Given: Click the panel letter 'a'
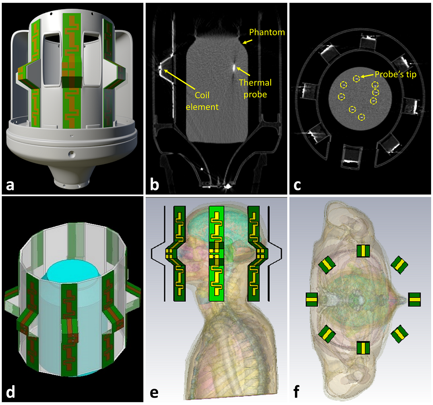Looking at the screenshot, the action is (10, 185).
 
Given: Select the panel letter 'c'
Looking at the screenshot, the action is (297, 185).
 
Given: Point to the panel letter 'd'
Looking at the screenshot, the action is (10, 392).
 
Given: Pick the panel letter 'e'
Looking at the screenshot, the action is (154, 392).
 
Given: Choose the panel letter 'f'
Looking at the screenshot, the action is (296, 392).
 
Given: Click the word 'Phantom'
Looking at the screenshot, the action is (267, 32).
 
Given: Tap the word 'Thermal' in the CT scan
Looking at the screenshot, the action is (255, 82).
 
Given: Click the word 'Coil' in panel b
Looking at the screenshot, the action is (202, 95).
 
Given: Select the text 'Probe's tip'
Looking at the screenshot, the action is (395, 74).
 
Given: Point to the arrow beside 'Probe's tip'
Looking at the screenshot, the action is (367, 76).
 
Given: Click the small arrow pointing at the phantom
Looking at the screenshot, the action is (247, 42).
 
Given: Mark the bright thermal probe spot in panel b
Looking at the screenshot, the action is (234, 67).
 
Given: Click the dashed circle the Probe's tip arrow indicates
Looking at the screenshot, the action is (356, 79).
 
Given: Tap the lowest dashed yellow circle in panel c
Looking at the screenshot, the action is (361, 117).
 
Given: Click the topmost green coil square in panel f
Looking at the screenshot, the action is (363, 251).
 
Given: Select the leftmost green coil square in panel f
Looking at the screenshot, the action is (312, 299).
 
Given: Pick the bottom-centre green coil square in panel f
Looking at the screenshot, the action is (363, 348).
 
